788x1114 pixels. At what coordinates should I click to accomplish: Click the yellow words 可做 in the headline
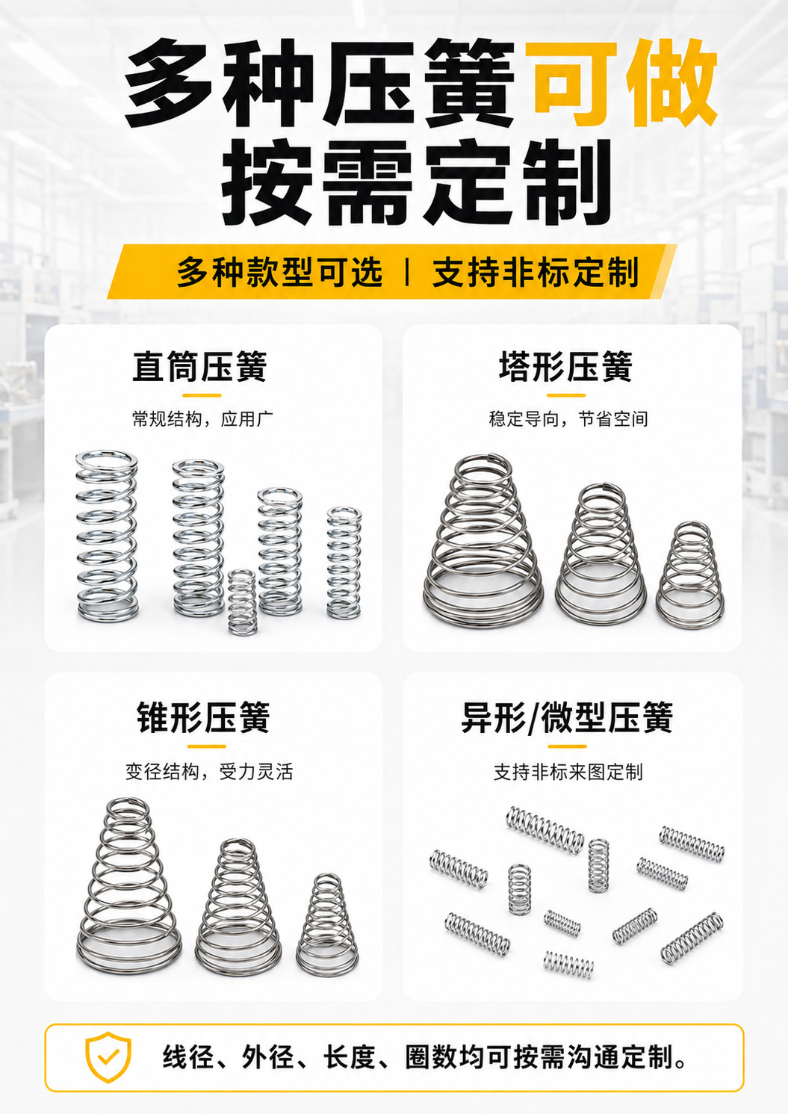coord(621,82)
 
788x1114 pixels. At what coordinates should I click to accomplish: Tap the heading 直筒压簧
coord(200,367)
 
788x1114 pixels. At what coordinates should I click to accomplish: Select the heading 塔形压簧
coord(565,367)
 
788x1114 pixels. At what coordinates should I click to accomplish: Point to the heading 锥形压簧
coord(203,717)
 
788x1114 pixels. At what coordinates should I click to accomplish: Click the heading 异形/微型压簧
coord(567,717)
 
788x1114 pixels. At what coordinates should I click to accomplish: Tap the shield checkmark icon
coord(108,1056)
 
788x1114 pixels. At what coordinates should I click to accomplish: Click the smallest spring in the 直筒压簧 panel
coord(243,602)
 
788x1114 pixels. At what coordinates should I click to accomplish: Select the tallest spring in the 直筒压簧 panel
coord(107,536)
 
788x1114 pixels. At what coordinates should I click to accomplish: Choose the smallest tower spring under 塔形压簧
coord(690,573)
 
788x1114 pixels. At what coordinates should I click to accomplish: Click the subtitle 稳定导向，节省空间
coord(568,419)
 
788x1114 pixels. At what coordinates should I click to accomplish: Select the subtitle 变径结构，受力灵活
coord(209,772)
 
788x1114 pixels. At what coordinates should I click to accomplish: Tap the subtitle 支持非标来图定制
coord(568,772)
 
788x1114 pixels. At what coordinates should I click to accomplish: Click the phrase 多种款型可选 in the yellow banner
coord(280,272)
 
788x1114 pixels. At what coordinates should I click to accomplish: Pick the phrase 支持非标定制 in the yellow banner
coord(536,272)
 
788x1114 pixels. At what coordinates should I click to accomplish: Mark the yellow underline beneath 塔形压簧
coord(566,395)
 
